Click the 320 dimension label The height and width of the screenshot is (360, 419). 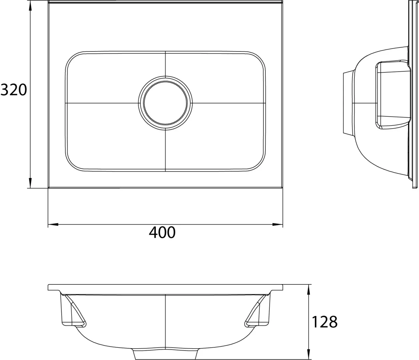click(14, 90)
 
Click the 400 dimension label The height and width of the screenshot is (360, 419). click(162, 232)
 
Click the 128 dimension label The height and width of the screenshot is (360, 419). click(324, 322)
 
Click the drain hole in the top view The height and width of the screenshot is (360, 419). click(165, 103)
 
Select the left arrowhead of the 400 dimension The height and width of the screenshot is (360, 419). click(53, 225)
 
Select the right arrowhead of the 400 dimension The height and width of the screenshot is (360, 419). click(277, 225)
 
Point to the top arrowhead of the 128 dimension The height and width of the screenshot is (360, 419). click(308, 290)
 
